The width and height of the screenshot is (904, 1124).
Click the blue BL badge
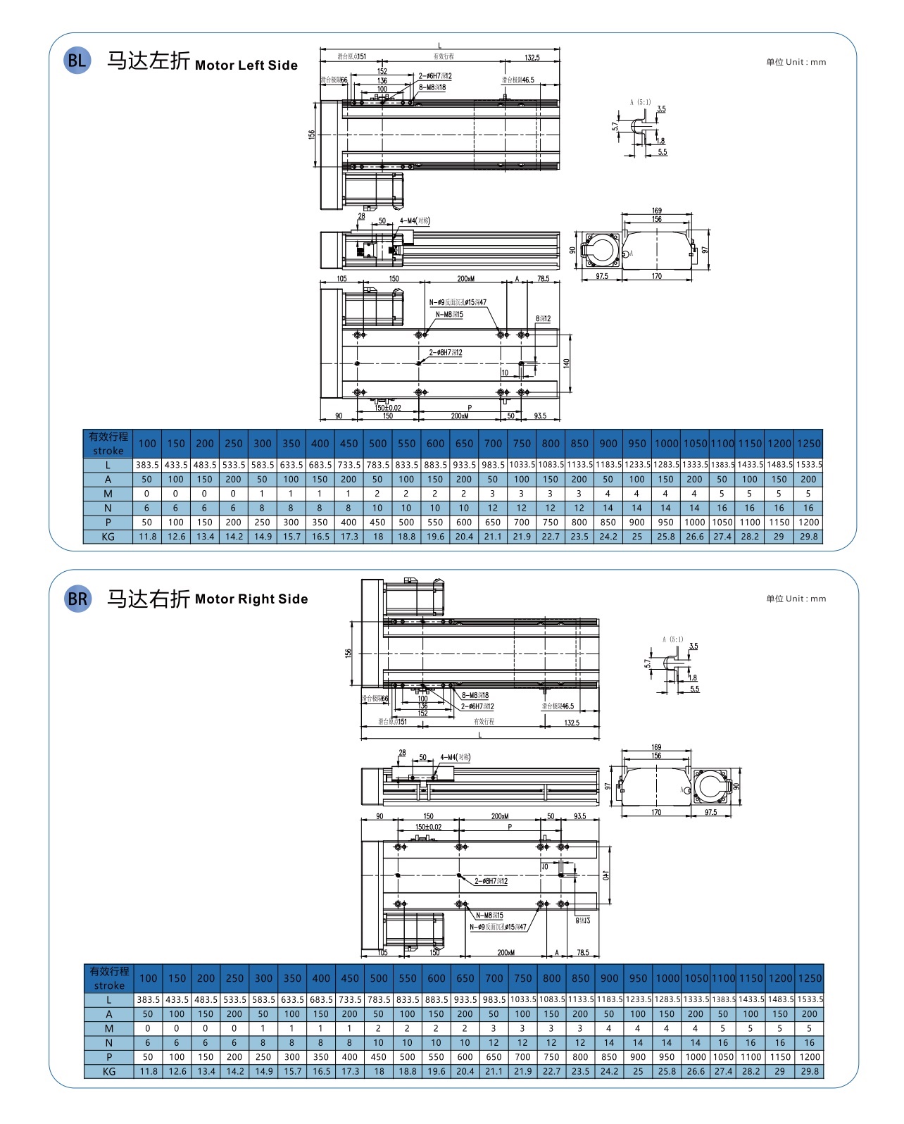pos(77,61)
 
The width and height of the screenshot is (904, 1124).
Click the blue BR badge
pos(77,599)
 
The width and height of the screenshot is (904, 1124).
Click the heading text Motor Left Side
pos(246,65)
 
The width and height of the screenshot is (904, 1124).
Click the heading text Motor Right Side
pos(251,599)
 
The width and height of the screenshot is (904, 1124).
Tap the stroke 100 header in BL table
pos(147,444)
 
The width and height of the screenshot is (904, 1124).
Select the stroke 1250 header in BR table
pos(810,978)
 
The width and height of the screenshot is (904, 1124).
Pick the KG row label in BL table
pos(108,537)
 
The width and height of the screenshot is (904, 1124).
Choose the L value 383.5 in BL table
pos(147,465)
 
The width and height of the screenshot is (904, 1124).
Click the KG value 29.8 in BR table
pos(810,1071)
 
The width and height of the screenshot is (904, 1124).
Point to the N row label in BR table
pos(108,1042)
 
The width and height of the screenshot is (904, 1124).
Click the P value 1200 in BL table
pos(809,523)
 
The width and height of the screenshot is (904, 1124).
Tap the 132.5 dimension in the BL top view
pos(532,58)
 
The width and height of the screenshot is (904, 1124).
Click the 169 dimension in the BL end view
pos(656,211)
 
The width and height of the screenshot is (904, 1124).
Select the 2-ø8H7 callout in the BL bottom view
pos(446,353)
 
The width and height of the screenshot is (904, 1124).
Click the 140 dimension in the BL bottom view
pos(566,363)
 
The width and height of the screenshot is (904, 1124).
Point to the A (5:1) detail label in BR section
pos(672,639)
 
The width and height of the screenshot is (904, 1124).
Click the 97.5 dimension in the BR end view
pos(710,812)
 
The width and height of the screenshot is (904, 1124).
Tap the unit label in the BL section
pos(796,62)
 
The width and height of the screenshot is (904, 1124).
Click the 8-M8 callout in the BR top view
pos(475,695)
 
